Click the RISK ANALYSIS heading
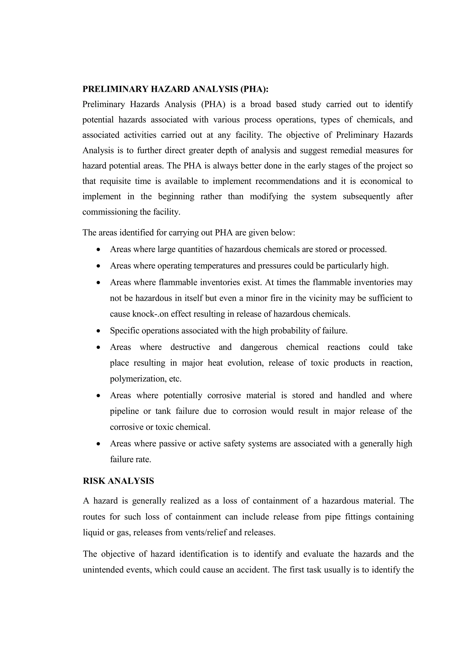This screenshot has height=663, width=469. [118, 481]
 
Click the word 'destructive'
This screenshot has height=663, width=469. [190, 347]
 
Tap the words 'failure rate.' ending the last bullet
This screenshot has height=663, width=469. [131, 459]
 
